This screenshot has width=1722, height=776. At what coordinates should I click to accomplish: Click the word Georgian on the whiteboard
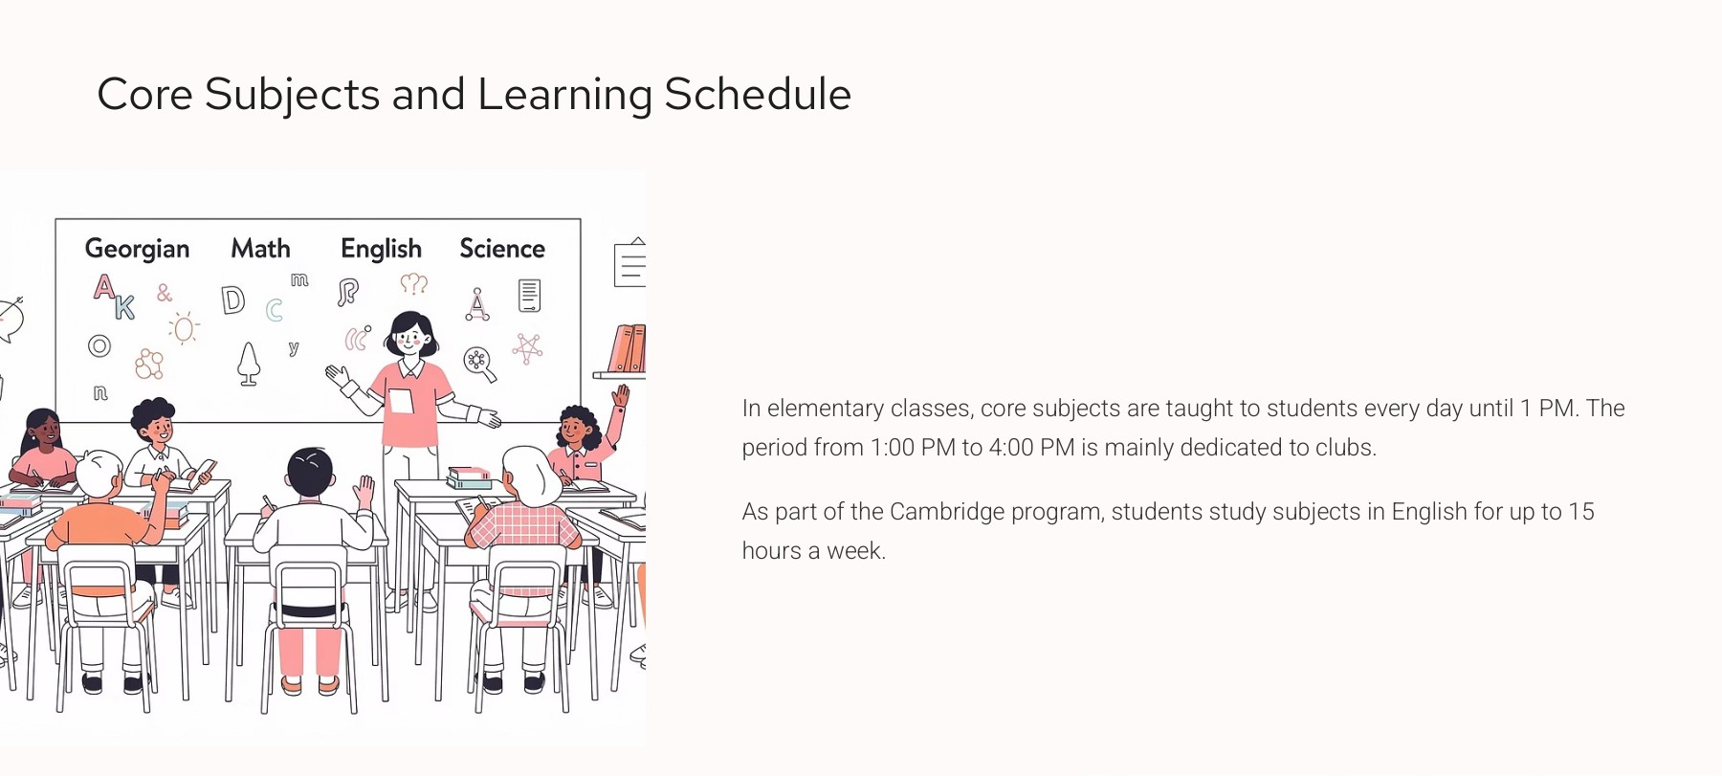pos(137,249)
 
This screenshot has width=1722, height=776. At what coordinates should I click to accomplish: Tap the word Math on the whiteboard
pos(260,249)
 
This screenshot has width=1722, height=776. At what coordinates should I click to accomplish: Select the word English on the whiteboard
pos(381,249)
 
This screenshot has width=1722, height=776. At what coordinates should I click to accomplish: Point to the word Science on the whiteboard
pos(502,249)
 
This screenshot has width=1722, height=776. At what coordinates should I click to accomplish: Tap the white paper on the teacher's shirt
pos(401,400)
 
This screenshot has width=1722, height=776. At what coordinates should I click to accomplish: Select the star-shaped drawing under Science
pos(527,348)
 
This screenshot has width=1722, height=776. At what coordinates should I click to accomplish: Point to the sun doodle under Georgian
pos(184,329)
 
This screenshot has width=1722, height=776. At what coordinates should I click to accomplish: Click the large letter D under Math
pos(232,300)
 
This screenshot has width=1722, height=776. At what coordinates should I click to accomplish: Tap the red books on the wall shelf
pos(628,349)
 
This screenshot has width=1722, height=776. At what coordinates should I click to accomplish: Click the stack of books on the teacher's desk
pos(469,477)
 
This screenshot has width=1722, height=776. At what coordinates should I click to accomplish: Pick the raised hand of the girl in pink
pos(621,395)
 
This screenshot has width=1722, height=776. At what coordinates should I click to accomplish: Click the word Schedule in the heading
pos(757,95)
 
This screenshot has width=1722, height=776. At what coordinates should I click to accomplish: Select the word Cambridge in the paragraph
pos(946,512)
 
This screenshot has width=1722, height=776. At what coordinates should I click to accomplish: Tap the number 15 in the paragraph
pos(1581,512)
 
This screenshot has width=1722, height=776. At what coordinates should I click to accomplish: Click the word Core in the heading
pos(144,95)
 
